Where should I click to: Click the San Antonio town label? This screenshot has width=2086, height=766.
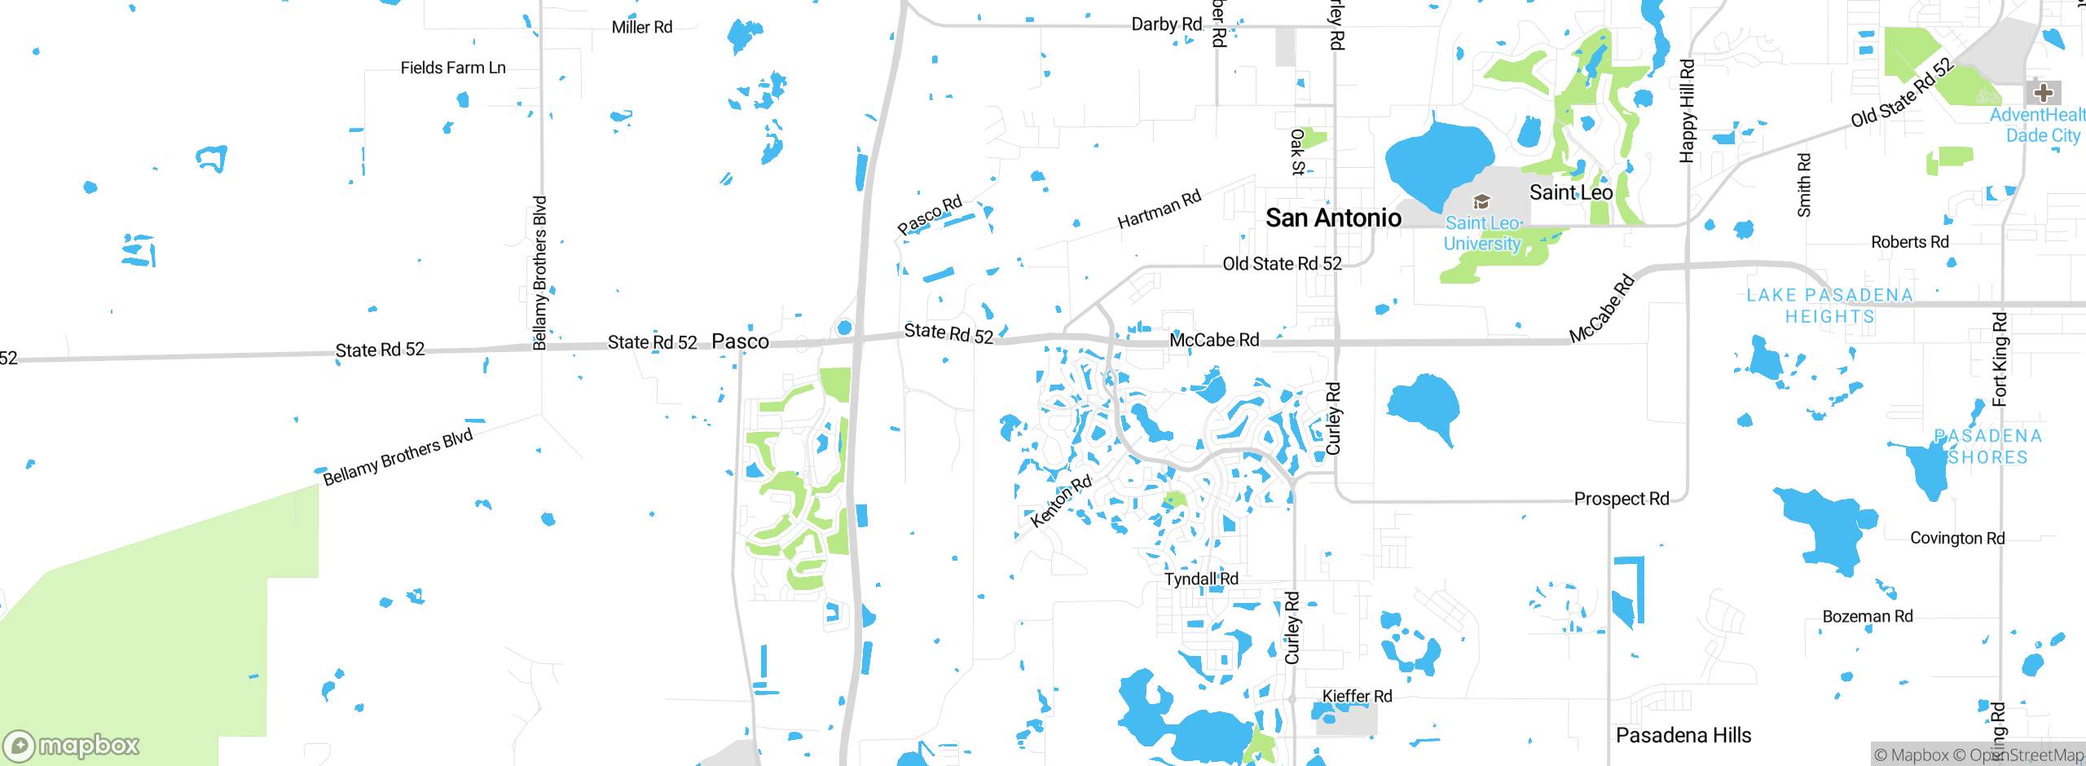(x=1333, y=218)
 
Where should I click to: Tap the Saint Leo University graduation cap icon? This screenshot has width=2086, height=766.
(x=1481, y=201)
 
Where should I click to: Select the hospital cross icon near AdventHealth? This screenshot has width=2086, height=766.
(x=2043, y=92)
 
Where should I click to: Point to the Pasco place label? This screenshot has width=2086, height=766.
(x=740, y=341)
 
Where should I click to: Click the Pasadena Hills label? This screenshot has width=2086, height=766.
(x=1683, y=735)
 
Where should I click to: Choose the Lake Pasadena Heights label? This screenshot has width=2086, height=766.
(x=1829, y=306)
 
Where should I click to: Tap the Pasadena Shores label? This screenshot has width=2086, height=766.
(x=1988, y=447)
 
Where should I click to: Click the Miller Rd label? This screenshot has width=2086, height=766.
(x=642, y=27)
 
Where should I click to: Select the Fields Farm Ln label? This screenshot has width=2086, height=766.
(x=453, y=68)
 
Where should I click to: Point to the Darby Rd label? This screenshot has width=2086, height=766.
(x=1166, y=24)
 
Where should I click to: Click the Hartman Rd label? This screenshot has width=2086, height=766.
(x=1159, y=209)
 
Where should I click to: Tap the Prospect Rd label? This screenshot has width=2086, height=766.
(x=1621, y=499)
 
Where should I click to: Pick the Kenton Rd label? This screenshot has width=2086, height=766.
(x=1060, y=501)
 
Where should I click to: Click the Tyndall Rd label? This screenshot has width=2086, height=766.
(x=1201, y=579)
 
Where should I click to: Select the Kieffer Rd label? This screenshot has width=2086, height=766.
(x=1357, y=696)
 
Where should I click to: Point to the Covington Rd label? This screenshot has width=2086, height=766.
(x=1957, y=538)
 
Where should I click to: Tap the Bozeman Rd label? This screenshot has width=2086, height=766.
(x=1868, y=616)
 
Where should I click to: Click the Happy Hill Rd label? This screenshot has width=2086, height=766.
(x=1687, y=111)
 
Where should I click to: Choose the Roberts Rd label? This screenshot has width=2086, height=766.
(x=1909, y=242)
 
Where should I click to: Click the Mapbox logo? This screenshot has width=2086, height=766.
(x=72, y=745)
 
